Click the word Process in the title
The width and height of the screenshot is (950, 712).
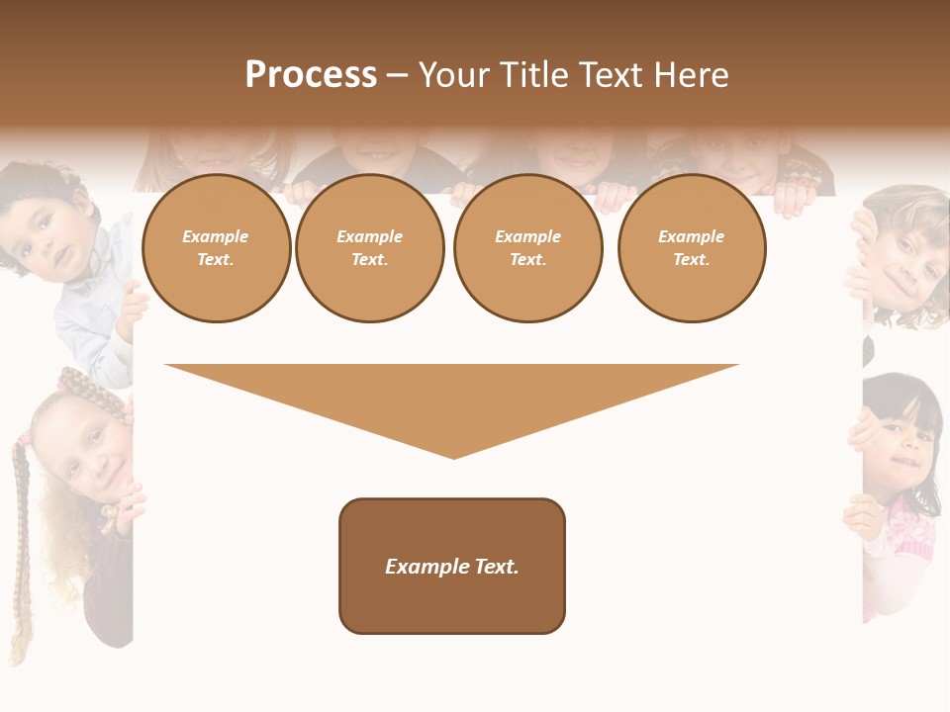(311, 75)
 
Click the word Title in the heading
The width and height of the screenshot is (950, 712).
(531, 75)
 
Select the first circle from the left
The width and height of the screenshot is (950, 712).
(216, 248)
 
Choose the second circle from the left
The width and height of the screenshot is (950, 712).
(370, 248)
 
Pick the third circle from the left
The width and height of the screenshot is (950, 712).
(528, 248)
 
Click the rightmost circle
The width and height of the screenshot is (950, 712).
(692, 248)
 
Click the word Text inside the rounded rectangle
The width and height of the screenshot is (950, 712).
(495, 567)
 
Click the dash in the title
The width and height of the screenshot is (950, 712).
(398, 76)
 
